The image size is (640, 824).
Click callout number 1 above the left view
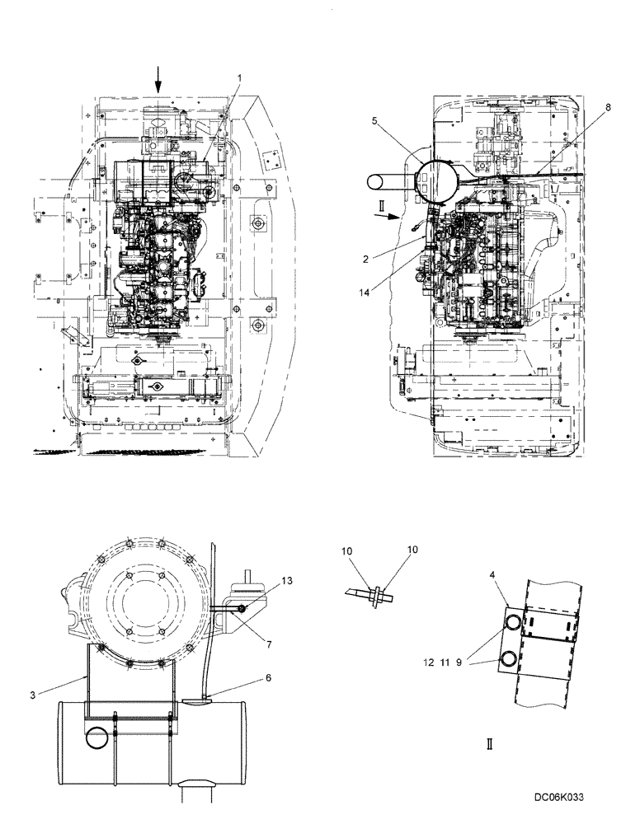pos(239,77)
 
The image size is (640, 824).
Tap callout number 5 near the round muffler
pos(374,121)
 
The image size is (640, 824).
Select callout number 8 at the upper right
pos(609,107)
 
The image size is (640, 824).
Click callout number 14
pos(365,293)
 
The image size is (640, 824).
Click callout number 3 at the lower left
pos(33,695)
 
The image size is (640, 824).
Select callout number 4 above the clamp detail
pos(492,575)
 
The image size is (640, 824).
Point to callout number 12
pos(429,662)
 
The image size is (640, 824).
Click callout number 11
pos(445,662)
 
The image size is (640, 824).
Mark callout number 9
pos(459,662)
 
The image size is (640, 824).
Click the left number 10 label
pos(346,551)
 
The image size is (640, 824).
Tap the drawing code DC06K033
pos(559,797)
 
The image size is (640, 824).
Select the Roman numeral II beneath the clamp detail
pos(490,744)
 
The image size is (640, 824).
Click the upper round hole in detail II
pos(511,623)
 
